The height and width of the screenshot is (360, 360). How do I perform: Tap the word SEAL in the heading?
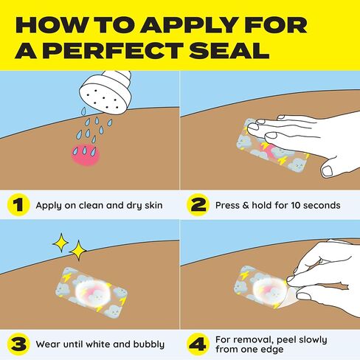coord(229,50)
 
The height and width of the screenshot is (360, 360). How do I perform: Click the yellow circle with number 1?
coord(18,205)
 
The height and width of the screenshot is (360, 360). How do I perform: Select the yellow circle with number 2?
coord(198,205)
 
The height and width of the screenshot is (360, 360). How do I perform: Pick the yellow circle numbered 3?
coord(18,344)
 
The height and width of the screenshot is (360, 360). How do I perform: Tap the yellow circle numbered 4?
coord(198,344)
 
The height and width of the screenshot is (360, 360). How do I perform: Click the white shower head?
coord(105,92)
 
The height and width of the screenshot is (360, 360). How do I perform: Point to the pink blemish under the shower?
coord(86,155)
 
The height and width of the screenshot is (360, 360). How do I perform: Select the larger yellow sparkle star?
coord(78,250)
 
